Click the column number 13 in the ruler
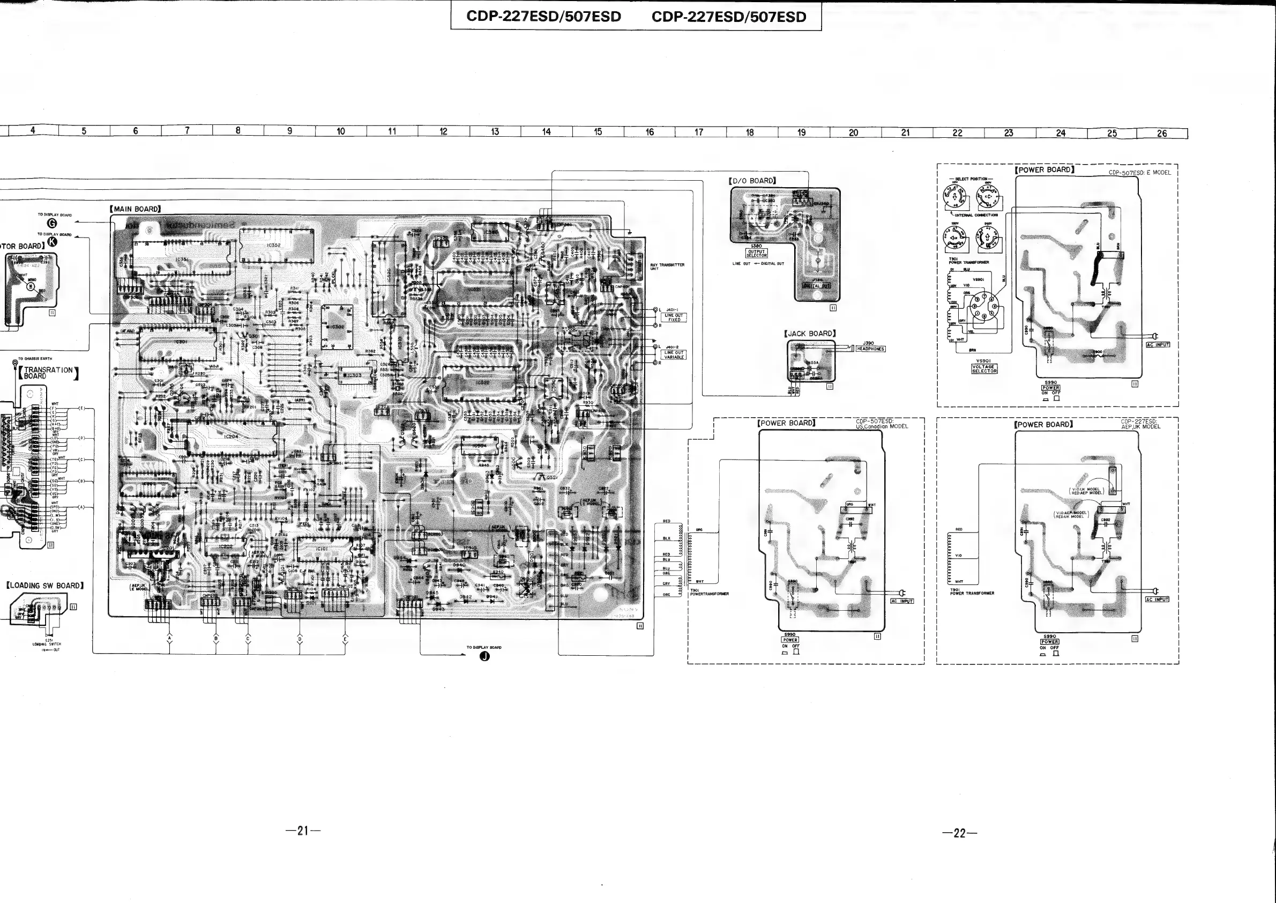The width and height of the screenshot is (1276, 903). point(495,132)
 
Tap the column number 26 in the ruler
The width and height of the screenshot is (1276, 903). point(1161,134)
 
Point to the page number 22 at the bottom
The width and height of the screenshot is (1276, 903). point(959,833)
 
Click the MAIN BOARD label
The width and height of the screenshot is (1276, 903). point(136,209)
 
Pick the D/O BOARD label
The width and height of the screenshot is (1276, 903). point(752,181)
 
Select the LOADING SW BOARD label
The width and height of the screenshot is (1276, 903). point(45,586)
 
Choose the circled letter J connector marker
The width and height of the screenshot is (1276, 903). point(484,657)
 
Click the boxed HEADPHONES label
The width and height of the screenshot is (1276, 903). point(870,349)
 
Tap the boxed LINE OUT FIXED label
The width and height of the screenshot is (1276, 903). point(674,317)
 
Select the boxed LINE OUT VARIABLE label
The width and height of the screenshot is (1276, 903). point(674,355)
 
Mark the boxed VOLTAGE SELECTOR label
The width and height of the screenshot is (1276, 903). point(984,368)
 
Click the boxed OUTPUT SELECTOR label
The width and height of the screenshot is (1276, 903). point(756,253)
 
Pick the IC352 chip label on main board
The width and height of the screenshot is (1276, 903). point(273,245)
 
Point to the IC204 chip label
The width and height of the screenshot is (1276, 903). point(231,436)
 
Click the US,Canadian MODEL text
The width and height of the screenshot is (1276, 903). point(882,426)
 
